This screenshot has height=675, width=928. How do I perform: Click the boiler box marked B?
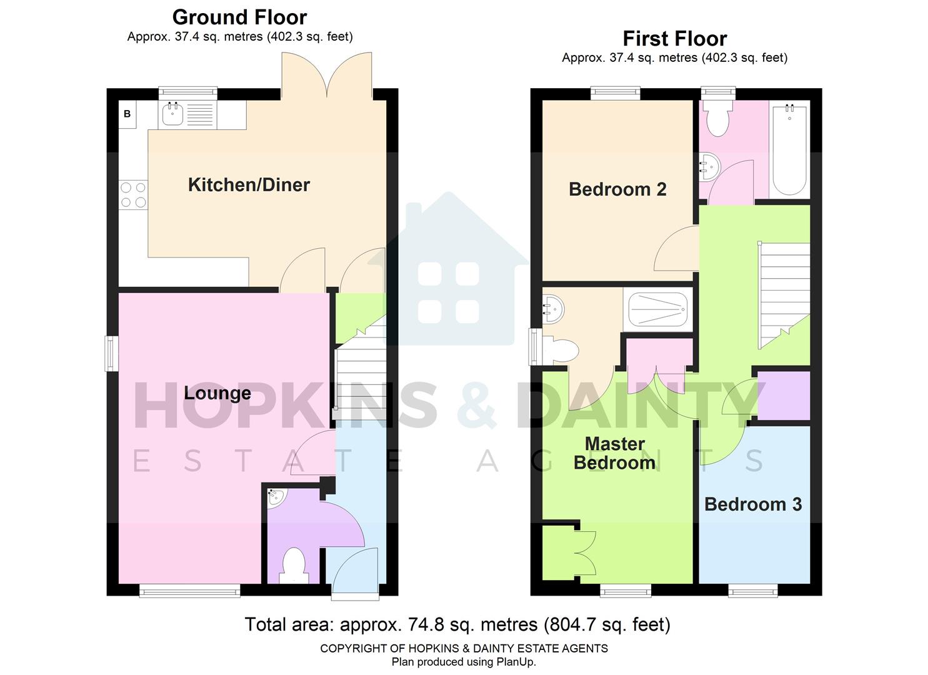point(127,114)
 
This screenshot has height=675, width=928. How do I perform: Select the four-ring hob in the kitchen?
point(133,194)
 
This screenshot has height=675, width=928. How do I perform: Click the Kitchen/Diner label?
point(249,185)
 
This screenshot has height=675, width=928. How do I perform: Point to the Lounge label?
point(217,393)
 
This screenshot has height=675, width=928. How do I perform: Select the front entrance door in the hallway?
point(355,572)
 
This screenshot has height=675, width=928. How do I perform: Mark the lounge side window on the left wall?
point(111,354)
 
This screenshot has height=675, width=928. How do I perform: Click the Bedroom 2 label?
point(617,189)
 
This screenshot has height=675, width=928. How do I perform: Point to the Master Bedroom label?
point(614,453)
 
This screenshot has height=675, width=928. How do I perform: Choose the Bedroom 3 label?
point(753,504)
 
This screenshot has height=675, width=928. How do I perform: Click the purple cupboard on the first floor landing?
point(784,396)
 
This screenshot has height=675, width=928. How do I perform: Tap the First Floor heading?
point(674,39)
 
